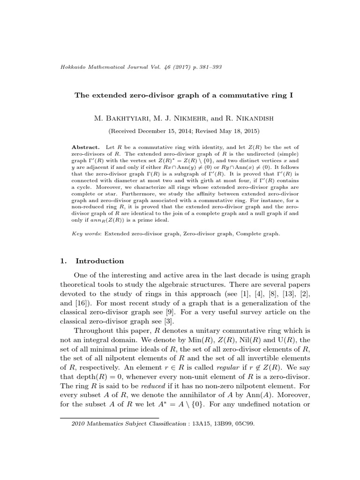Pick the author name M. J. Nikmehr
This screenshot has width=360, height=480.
pyautogui.click(x=179, y=116)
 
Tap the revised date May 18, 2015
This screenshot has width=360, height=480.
pyautogui.click(x=238, y=131)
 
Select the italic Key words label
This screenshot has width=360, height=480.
pyautogui.click(x=87, y=232)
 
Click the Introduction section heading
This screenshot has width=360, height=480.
pyautogui.click(x=100, y=261)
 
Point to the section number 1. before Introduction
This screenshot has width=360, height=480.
pyautogui.click(x=65, y=261)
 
